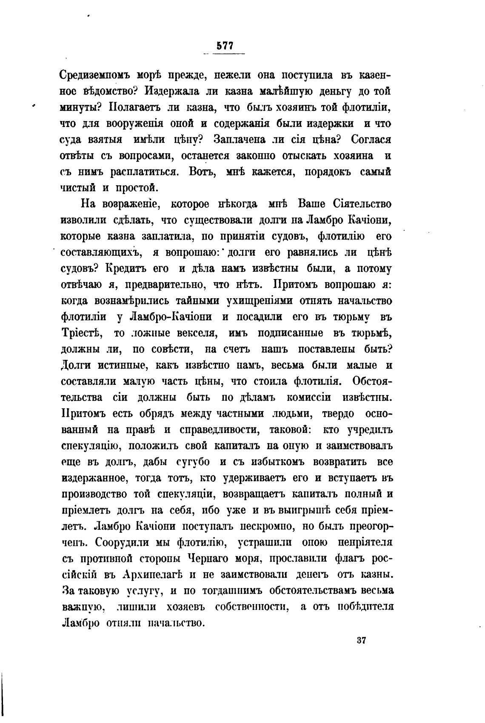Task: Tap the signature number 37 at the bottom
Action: click(x=362, y=640)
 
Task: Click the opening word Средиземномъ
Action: click(x=96, y=76)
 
